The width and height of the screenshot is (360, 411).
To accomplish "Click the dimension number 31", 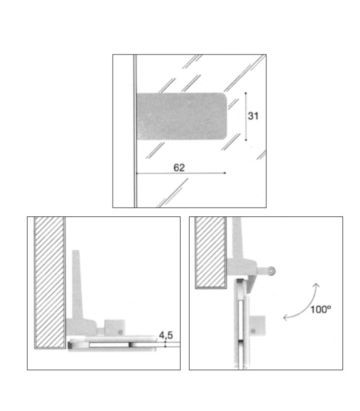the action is click(x=253, y=116).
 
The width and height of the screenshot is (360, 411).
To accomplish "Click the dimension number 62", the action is click(x=179, y=167).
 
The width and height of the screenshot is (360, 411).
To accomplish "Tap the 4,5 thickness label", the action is click(x=166, y=335).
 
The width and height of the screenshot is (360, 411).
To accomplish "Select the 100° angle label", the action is click(x=320, y=309).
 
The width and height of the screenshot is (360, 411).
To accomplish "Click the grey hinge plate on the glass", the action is click(x=182, y=116).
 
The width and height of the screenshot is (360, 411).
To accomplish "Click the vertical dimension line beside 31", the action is click(x=246, y=117).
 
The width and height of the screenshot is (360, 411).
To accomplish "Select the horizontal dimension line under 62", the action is click(x=181, y=173).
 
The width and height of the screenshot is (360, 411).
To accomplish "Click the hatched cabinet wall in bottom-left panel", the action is click(x=50, y=283).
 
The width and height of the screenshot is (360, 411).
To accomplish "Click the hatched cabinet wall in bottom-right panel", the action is click(x=211, y=252).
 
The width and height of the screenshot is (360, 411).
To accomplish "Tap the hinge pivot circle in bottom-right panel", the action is click(x=272, y=271).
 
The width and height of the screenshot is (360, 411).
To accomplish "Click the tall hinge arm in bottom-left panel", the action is click(x=77, y=286).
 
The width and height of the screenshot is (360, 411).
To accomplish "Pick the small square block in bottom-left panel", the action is click(x=115, y=327).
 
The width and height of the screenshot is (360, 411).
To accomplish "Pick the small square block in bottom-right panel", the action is click(x=257, y=326).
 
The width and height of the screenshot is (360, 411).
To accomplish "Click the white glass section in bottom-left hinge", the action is click(x=109, y=345).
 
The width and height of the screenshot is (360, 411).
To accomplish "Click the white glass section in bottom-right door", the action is click(x=241, y=320).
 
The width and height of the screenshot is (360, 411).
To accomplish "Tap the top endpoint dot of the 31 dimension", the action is click(x=246, y=93).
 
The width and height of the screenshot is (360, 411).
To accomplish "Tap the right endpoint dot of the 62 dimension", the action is click(x=225, y=173).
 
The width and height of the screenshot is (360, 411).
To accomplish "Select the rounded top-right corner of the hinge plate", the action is click(x=224, y=96).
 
